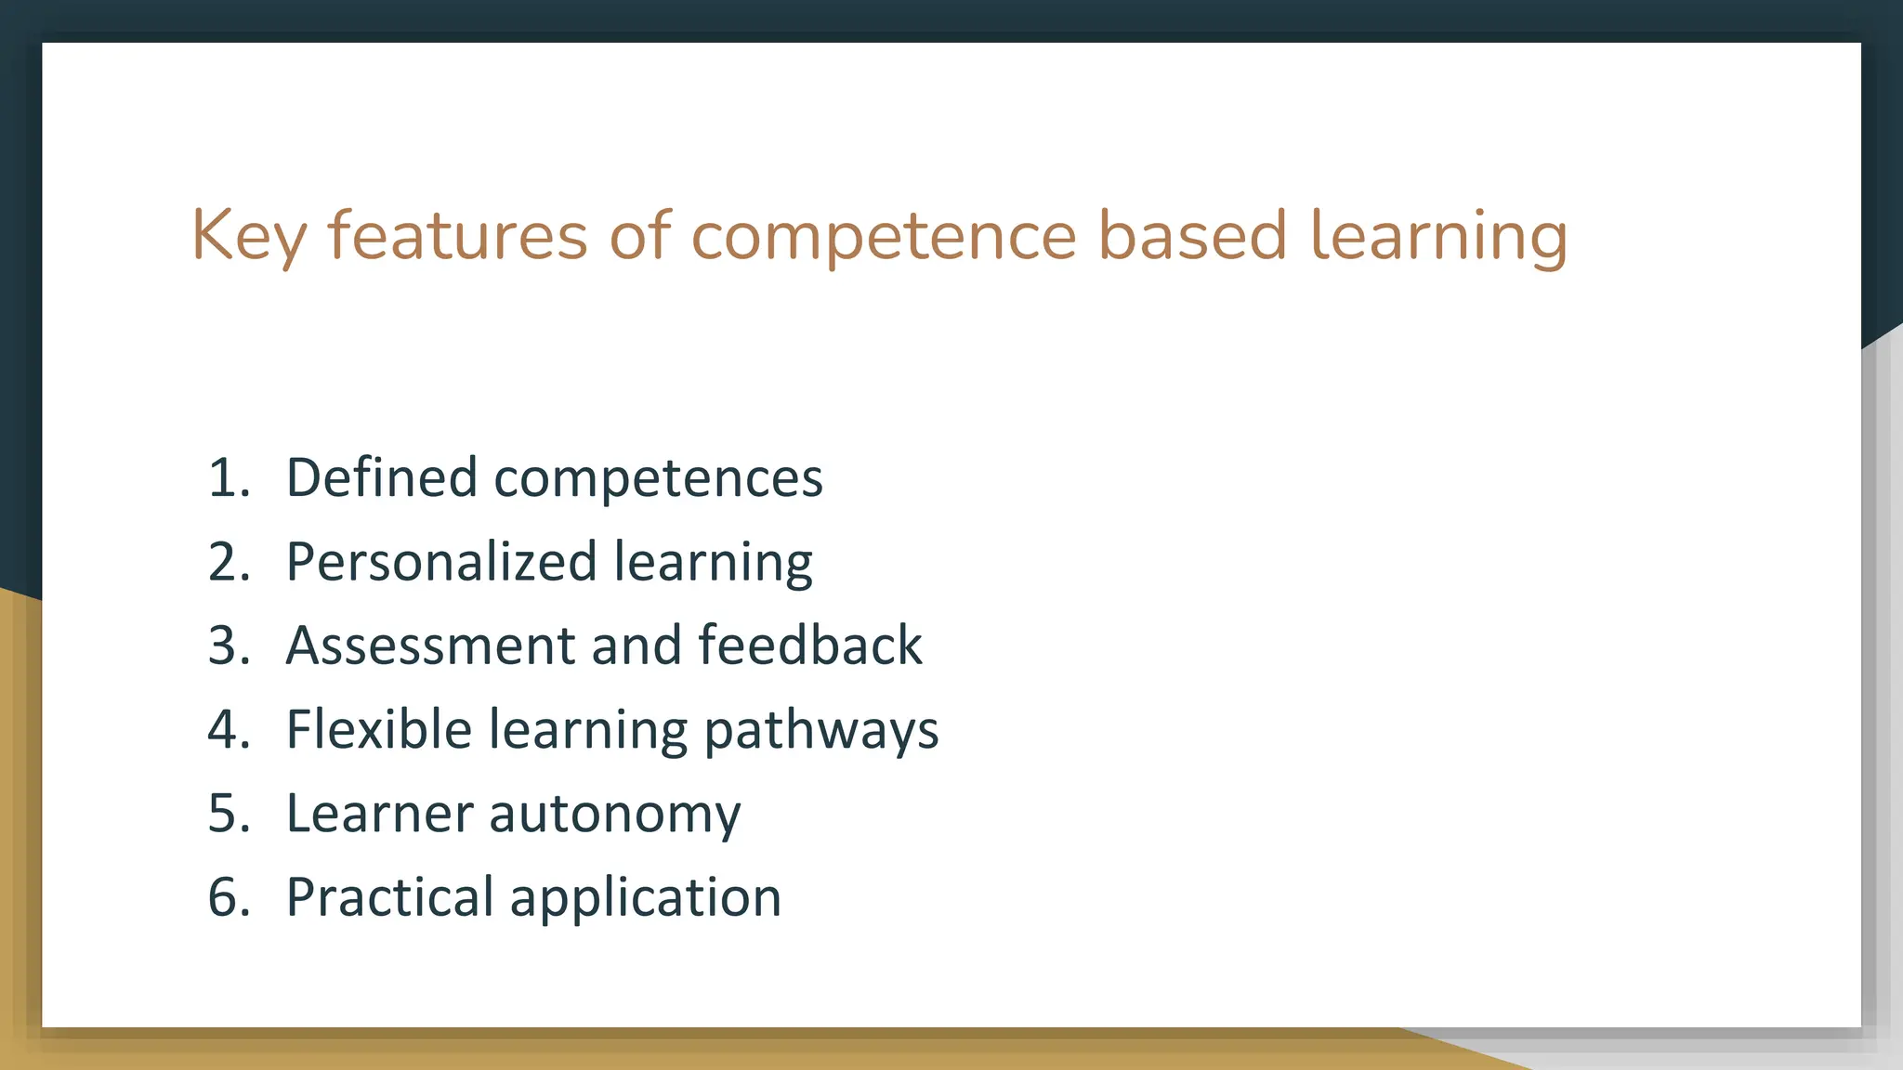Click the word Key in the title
248,236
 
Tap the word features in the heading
457,236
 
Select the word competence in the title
883,236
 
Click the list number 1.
229,478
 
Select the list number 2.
229,562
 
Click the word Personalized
441,562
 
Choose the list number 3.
229,646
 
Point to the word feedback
810,646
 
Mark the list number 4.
229,729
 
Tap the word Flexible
379,729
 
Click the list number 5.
229,814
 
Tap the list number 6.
229,897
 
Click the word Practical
389,897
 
